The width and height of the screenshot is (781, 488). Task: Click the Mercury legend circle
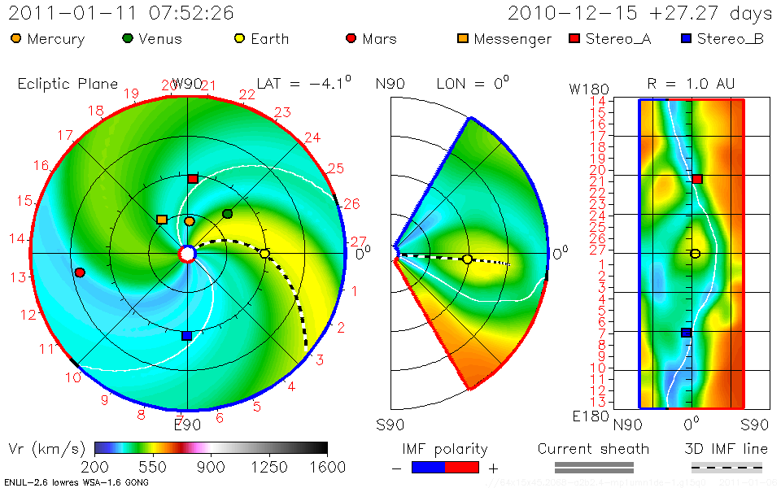pos(16,38)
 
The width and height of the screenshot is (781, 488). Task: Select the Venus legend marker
pos(128,38)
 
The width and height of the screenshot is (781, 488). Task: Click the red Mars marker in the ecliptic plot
pos(80,272)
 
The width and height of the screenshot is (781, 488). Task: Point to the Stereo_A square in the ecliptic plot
pos(193,178)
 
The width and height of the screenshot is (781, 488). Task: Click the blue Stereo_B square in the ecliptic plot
pos(186,335)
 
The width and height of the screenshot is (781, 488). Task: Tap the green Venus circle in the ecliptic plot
pos(228,214)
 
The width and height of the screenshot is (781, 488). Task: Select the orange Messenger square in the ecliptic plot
pos(162,220)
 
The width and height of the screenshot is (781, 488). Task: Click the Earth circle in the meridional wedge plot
pos(467,259)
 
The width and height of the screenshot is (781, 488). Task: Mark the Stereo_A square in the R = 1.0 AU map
pos(697,178)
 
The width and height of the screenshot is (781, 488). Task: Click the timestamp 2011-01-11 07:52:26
pos(121,14)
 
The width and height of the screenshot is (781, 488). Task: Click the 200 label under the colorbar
pos(95,467)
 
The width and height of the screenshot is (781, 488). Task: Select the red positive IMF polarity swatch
pos(462,467)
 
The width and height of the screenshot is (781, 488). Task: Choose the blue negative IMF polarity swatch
pos(429,467)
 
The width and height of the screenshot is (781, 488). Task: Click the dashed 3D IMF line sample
pos(726,467)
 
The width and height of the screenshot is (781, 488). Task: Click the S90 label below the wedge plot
pos(390,424)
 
